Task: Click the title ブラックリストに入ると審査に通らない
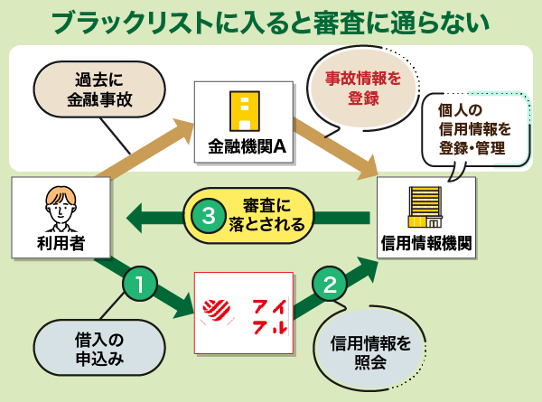point(271,22)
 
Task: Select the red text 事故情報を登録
point(362,86)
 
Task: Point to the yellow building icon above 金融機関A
point(243,110)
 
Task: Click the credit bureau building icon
point(425,208)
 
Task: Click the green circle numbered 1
point(139,285)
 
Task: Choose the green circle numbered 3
point(210,216)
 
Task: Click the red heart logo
point(218,313)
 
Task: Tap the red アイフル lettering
point(269,313)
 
